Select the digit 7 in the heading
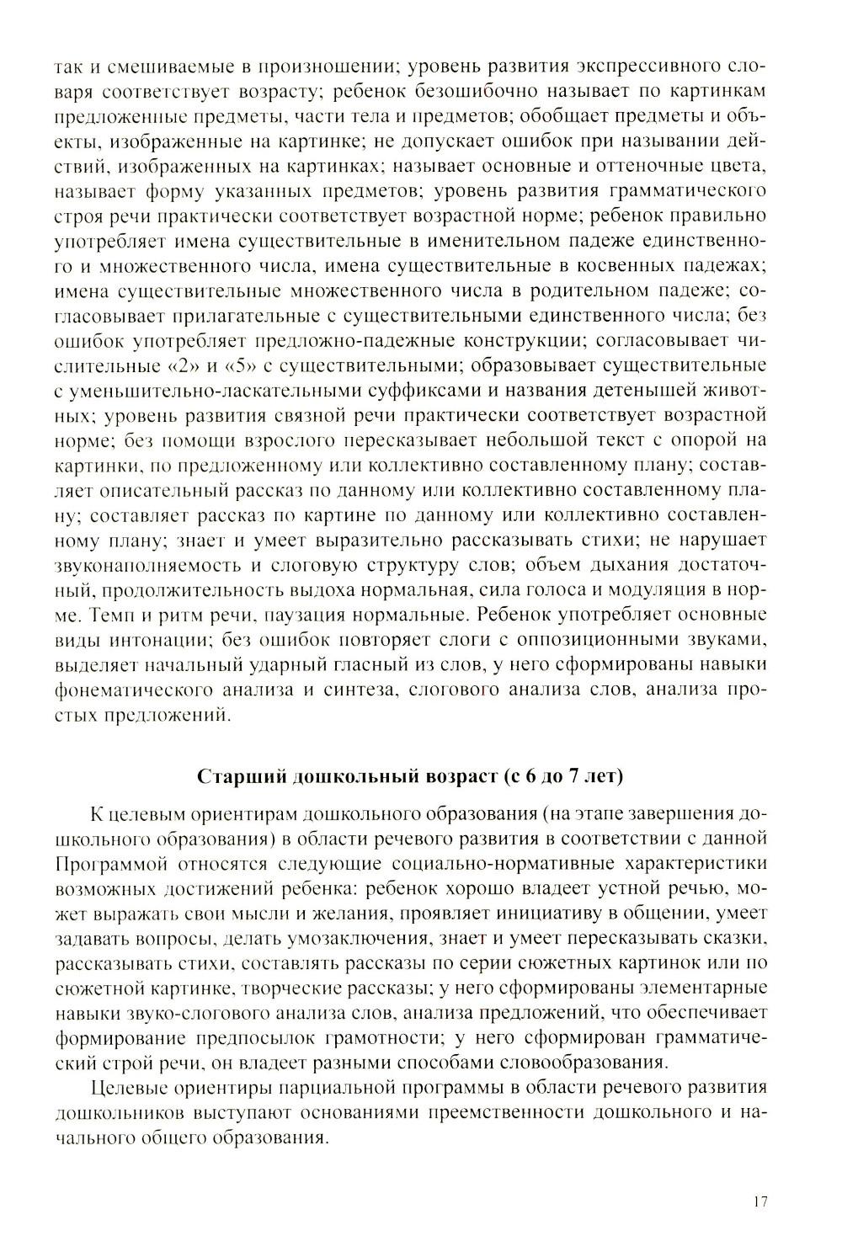(574, 776)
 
